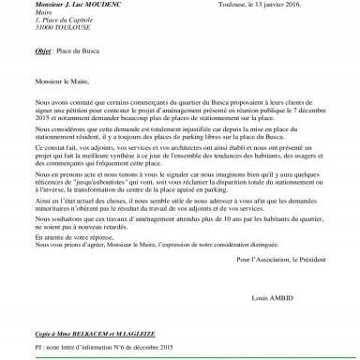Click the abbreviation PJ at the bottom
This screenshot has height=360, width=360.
tap(38, 348)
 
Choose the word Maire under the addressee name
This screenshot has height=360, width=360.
tap(43, 13)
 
